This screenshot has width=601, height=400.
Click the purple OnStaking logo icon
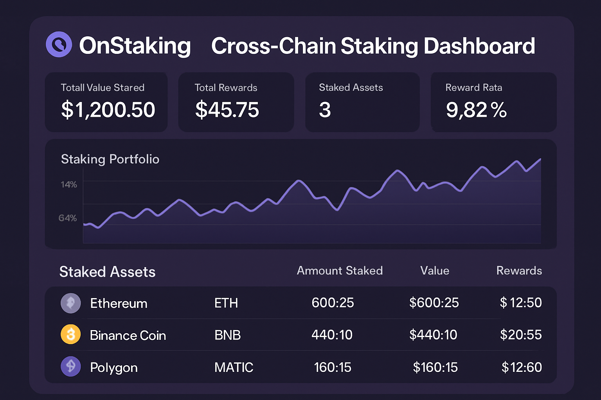click(59, 45)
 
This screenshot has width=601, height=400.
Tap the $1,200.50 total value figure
click(108, 109)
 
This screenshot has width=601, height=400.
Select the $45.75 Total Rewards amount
click(227, 109)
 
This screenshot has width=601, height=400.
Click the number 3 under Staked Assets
click(325, 110)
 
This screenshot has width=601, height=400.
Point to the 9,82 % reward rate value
click(476, 110)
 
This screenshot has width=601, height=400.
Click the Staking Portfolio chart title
click(110, 159)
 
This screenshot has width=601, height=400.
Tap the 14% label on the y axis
click(69, 184)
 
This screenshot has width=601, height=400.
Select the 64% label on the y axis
click(68, 218)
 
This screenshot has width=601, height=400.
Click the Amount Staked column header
click(340, 271)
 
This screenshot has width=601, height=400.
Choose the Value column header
click(435, 271)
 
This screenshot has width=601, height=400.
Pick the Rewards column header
click(519, 271)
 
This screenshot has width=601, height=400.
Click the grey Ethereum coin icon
click(71, 303)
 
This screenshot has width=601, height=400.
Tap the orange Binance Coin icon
click(71, 335)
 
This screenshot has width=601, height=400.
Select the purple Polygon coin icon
click(71, 366)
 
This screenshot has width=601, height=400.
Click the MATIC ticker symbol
click(234, 367)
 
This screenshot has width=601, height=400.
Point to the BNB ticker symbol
click(227, 335)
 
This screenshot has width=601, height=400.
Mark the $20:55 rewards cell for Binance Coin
click(521, 335)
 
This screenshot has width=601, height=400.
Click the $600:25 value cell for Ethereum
click(434, 303)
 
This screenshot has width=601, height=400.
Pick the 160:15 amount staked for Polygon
click(333, 367)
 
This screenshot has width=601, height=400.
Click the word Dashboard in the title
click(479, 46)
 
